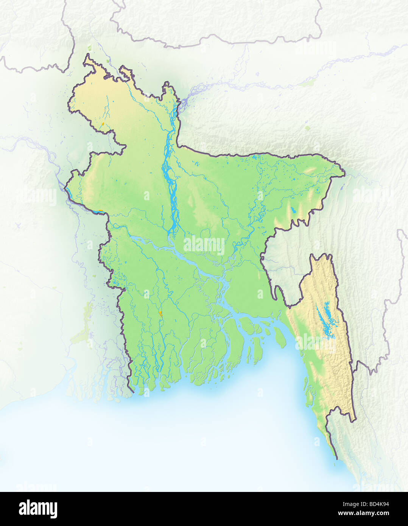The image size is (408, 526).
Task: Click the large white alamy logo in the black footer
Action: (x=38, y=509)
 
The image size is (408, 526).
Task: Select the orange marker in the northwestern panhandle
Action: (x=103, y=124)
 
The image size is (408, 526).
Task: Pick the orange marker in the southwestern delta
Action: (x=160, y=313)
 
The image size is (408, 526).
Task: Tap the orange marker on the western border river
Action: (x=100, y=210)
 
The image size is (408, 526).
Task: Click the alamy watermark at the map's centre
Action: (x=204, y=245)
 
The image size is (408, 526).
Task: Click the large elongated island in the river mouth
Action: (x=280, y=337)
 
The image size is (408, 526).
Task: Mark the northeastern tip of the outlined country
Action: (x=344, y=174)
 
